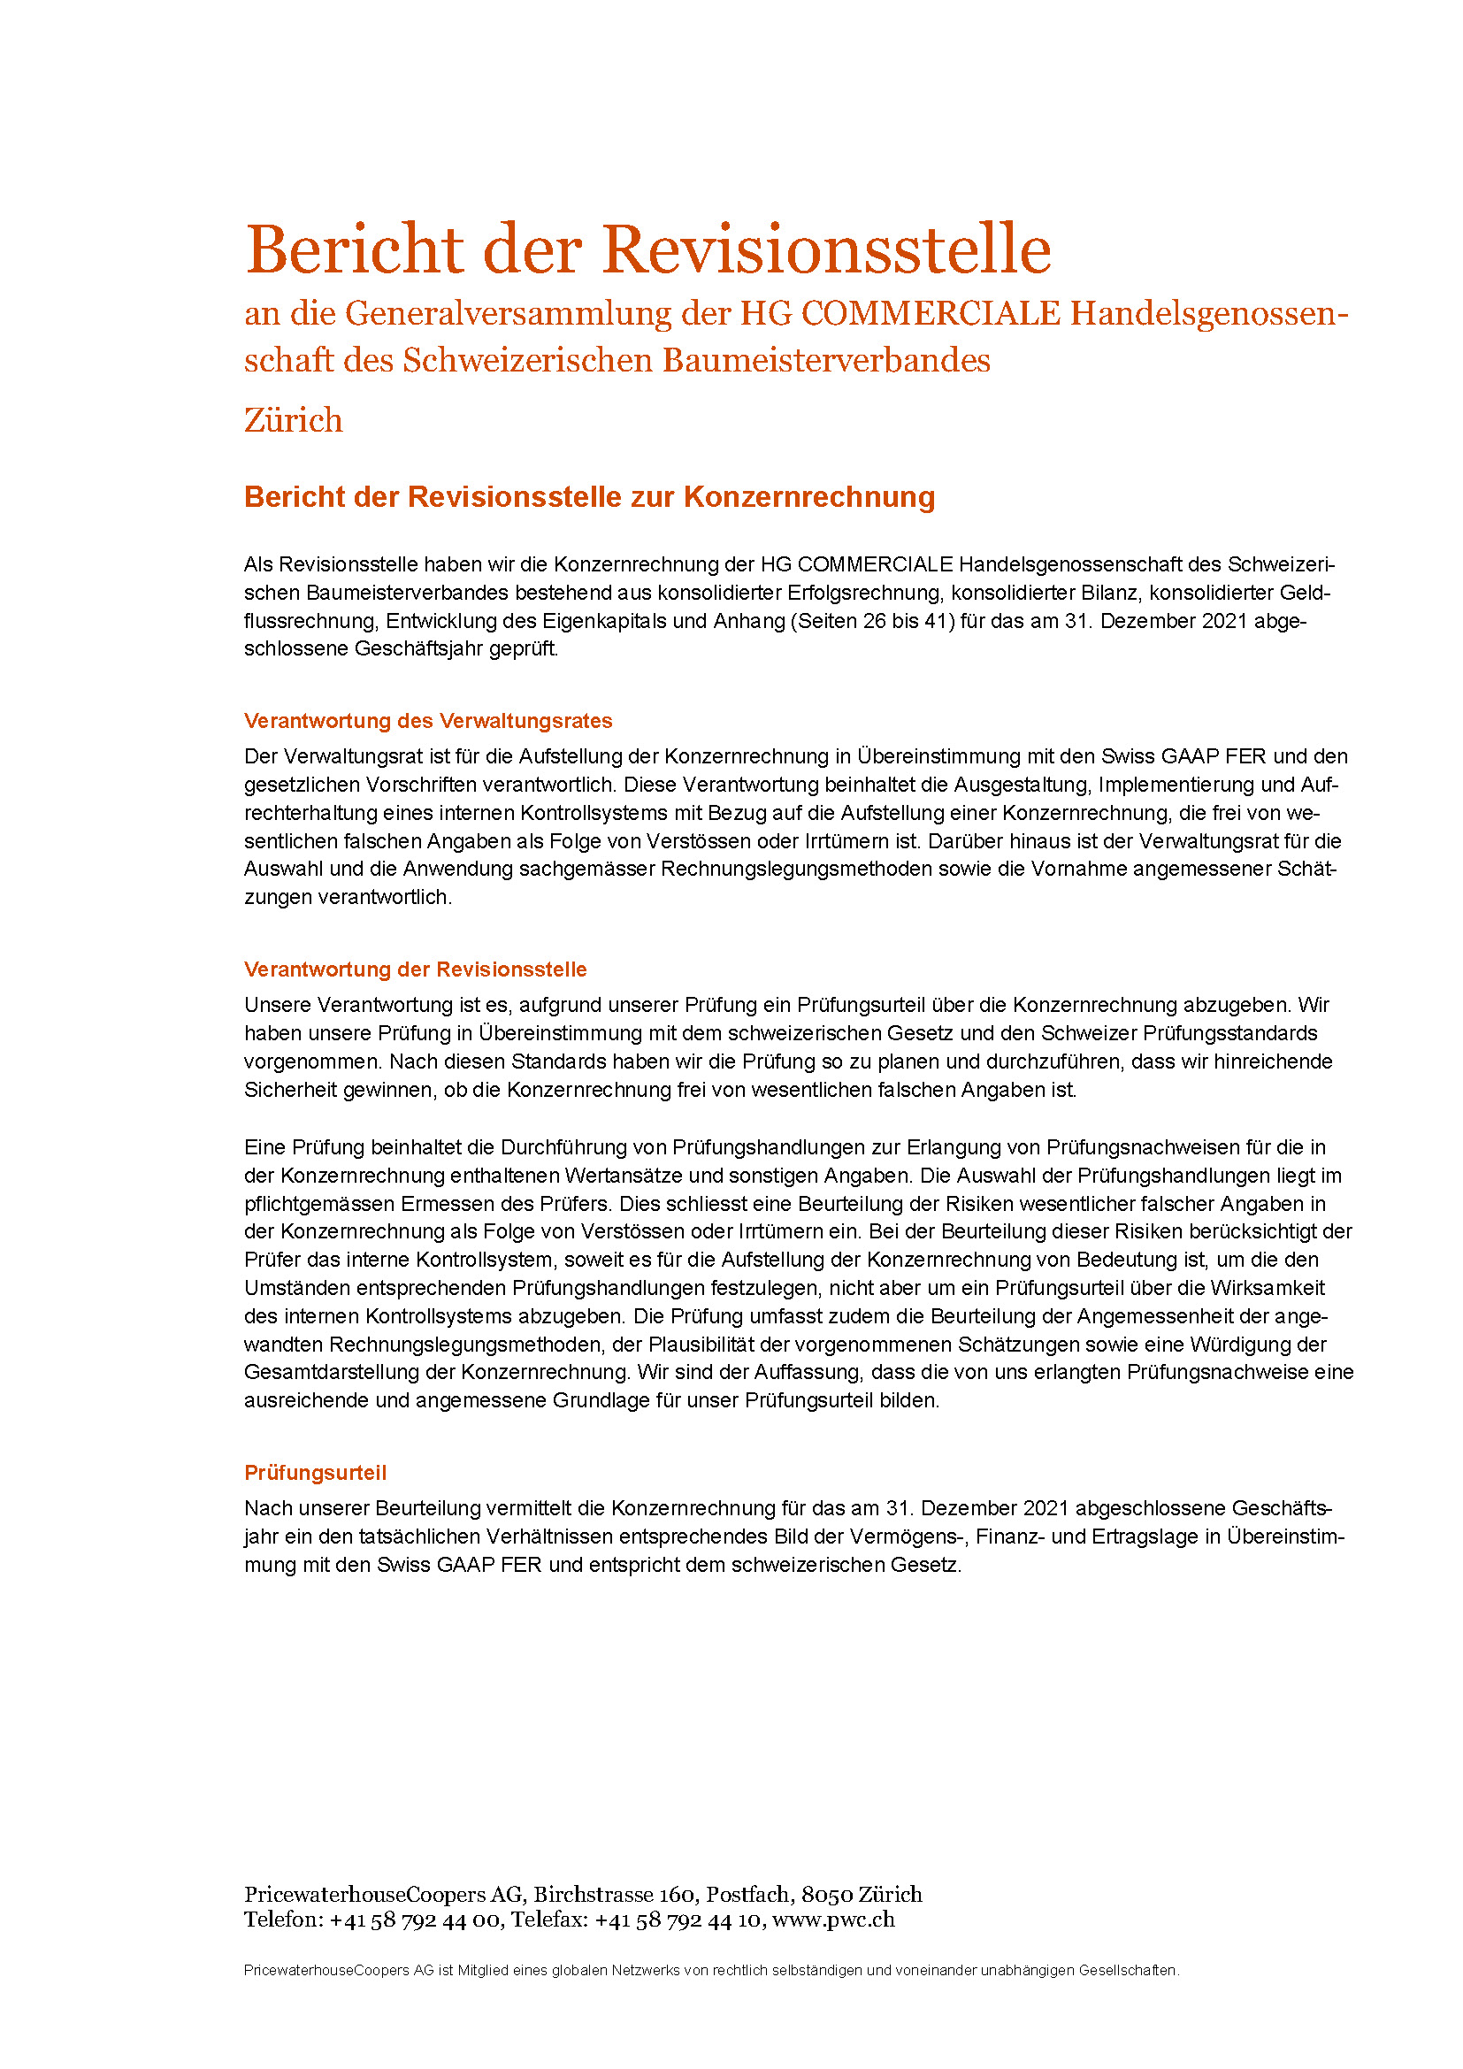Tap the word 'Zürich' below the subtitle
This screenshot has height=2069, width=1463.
pos(294,421)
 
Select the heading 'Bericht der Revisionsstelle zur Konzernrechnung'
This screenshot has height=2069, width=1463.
pos(589,496)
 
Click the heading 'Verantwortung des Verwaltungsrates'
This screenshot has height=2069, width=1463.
pos(428,721)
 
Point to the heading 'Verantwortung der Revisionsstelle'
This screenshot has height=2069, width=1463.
pos(416,969)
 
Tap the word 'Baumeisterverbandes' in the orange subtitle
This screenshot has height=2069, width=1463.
pos(826,360)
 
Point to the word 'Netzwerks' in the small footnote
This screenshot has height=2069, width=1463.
pos(644,1971)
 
